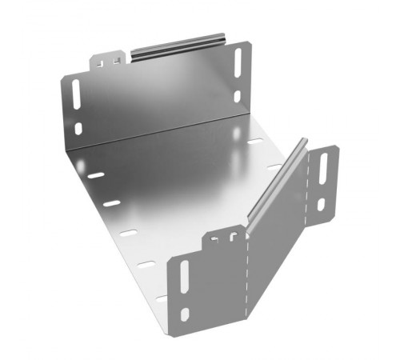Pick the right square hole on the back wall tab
pos(118,59)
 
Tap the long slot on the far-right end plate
pos(323,168)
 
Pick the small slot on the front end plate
pos(185,314)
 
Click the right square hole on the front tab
pos(233,236)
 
